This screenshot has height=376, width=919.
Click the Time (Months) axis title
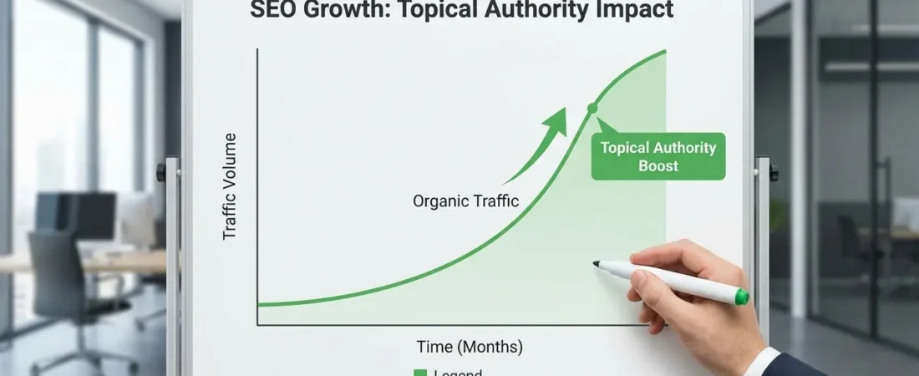coord(470,346)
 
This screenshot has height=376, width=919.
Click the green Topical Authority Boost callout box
coord(658,156)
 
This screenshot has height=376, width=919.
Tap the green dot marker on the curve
coord(592,108)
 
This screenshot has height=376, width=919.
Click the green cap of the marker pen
coord(741,296)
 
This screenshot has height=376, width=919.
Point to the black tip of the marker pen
coord(597,264)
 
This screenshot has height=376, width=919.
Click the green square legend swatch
coord(420,373)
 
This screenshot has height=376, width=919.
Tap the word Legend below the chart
coord(458,373)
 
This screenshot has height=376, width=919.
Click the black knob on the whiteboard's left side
coord(161,173)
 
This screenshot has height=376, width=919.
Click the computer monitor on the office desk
coord(88,216)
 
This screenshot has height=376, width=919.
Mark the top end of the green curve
coord(665,51)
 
